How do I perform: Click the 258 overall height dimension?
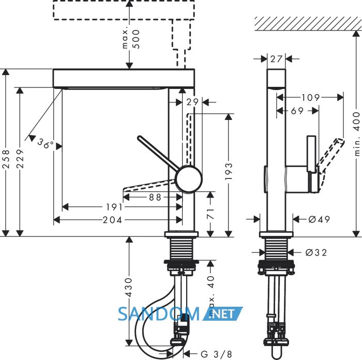click(x=6, y=159)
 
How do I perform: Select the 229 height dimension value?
click(x=20, y=159)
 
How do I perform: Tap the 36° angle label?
click(x=46, y=144)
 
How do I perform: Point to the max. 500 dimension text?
click(x=131, y=39)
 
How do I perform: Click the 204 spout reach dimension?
click(x=112, y=220)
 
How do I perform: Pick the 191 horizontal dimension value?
click(x=114, y=207)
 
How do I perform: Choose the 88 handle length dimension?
click(x=155, y=197)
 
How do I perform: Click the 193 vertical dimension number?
click(x=229, y=171)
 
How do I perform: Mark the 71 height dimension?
click(x=210, y=214)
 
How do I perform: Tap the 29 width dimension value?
click(x=192, y=102)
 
